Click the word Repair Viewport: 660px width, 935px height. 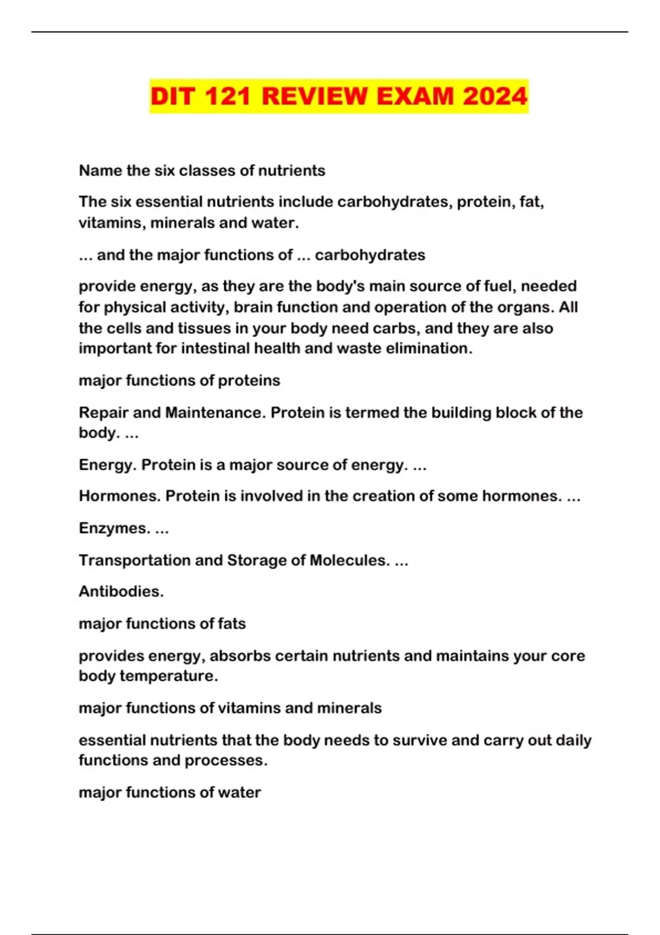[102, 413]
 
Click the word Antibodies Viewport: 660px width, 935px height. [121, 591]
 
